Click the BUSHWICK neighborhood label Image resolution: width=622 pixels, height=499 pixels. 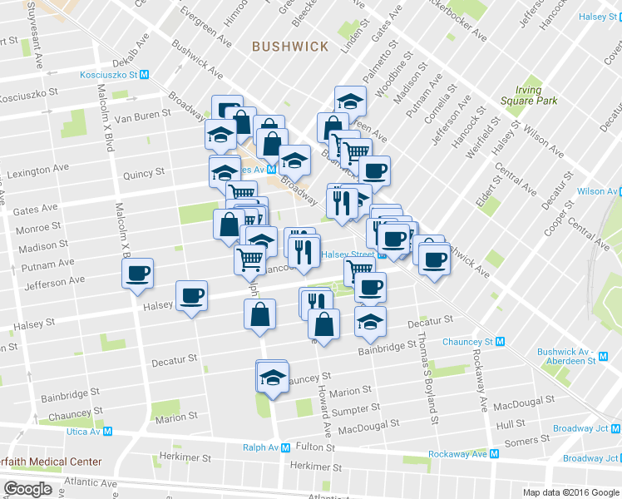[x=291, y=47]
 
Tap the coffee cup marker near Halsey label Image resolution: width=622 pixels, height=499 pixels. [x=192, y=296]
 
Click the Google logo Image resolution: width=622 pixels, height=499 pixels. [x=27, y=489]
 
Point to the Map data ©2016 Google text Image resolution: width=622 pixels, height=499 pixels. [x=570, y=492]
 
